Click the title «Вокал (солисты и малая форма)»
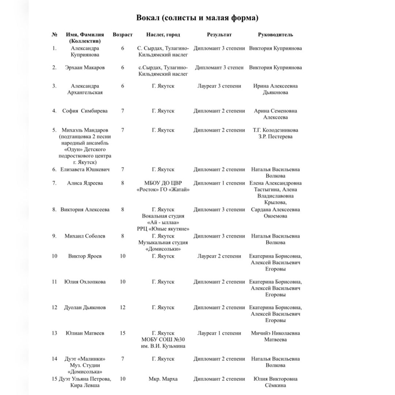[x=197, y=18]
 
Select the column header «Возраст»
[x=123, y=35]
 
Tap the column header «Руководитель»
[x=275, y=35]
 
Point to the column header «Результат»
[x=219, y=35]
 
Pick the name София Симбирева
[x=85, y=111]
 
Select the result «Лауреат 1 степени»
[x=219, y=333]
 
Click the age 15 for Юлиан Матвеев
[x=123, y=333]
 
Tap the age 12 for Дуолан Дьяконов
[x=123, y=308]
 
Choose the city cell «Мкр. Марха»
[x=163, y=379]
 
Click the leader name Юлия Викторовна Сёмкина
[x=275, y=382]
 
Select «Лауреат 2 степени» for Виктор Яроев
[x=219, y=256]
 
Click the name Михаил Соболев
[x=85, y=236]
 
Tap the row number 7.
[x=54, y=183]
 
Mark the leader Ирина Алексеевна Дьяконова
[x=275, y=89]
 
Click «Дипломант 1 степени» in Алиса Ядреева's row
[x=219, y=183]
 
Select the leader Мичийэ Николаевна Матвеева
[x=275, y=336]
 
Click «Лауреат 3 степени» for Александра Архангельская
[x=219, y=86]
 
